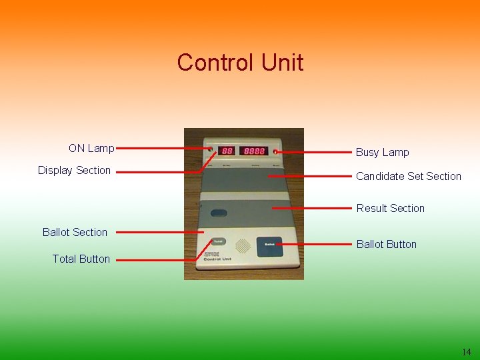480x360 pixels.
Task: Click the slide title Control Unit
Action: (240, 63)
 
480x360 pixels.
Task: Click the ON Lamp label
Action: (91, 148)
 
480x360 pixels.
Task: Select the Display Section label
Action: (74, 170)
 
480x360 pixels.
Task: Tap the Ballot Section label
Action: (75, 232)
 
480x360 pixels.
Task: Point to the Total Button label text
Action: (81, 259)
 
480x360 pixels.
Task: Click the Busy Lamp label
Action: (382, 152)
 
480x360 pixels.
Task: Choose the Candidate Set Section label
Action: (408, 176)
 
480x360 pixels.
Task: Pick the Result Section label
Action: (390, 208)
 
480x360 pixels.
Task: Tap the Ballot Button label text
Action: (386, 244)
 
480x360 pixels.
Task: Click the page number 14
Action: (465, 352)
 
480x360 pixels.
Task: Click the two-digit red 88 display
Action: (227, 151)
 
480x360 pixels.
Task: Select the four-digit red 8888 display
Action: (255, 151)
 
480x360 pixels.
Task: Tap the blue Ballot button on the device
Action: (270, 245)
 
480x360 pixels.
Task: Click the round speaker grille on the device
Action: (243, 245)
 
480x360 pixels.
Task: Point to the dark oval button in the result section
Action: (219, 213)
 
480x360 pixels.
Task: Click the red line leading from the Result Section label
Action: (313, 208)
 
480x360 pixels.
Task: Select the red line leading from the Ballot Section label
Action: (160, 232)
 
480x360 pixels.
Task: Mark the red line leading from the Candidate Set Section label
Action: (310, 176)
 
